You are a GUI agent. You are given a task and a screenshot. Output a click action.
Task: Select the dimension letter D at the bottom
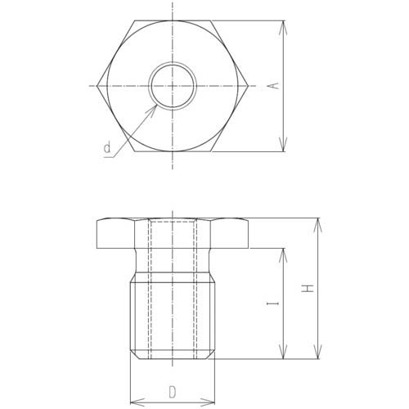tap(173, 392)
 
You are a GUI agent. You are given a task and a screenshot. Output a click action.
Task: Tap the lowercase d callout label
tap(107, 147)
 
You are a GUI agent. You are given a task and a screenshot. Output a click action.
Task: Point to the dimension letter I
tap(273, 303)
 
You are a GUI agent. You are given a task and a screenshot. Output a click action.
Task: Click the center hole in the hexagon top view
tap(173, 86)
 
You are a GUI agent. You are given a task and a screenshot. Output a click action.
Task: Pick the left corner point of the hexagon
tap(97, 86)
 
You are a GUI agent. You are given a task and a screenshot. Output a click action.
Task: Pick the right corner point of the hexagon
tap(249, 86)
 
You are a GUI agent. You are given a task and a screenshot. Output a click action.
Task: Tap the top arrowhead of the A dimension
tap(284, 27)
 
